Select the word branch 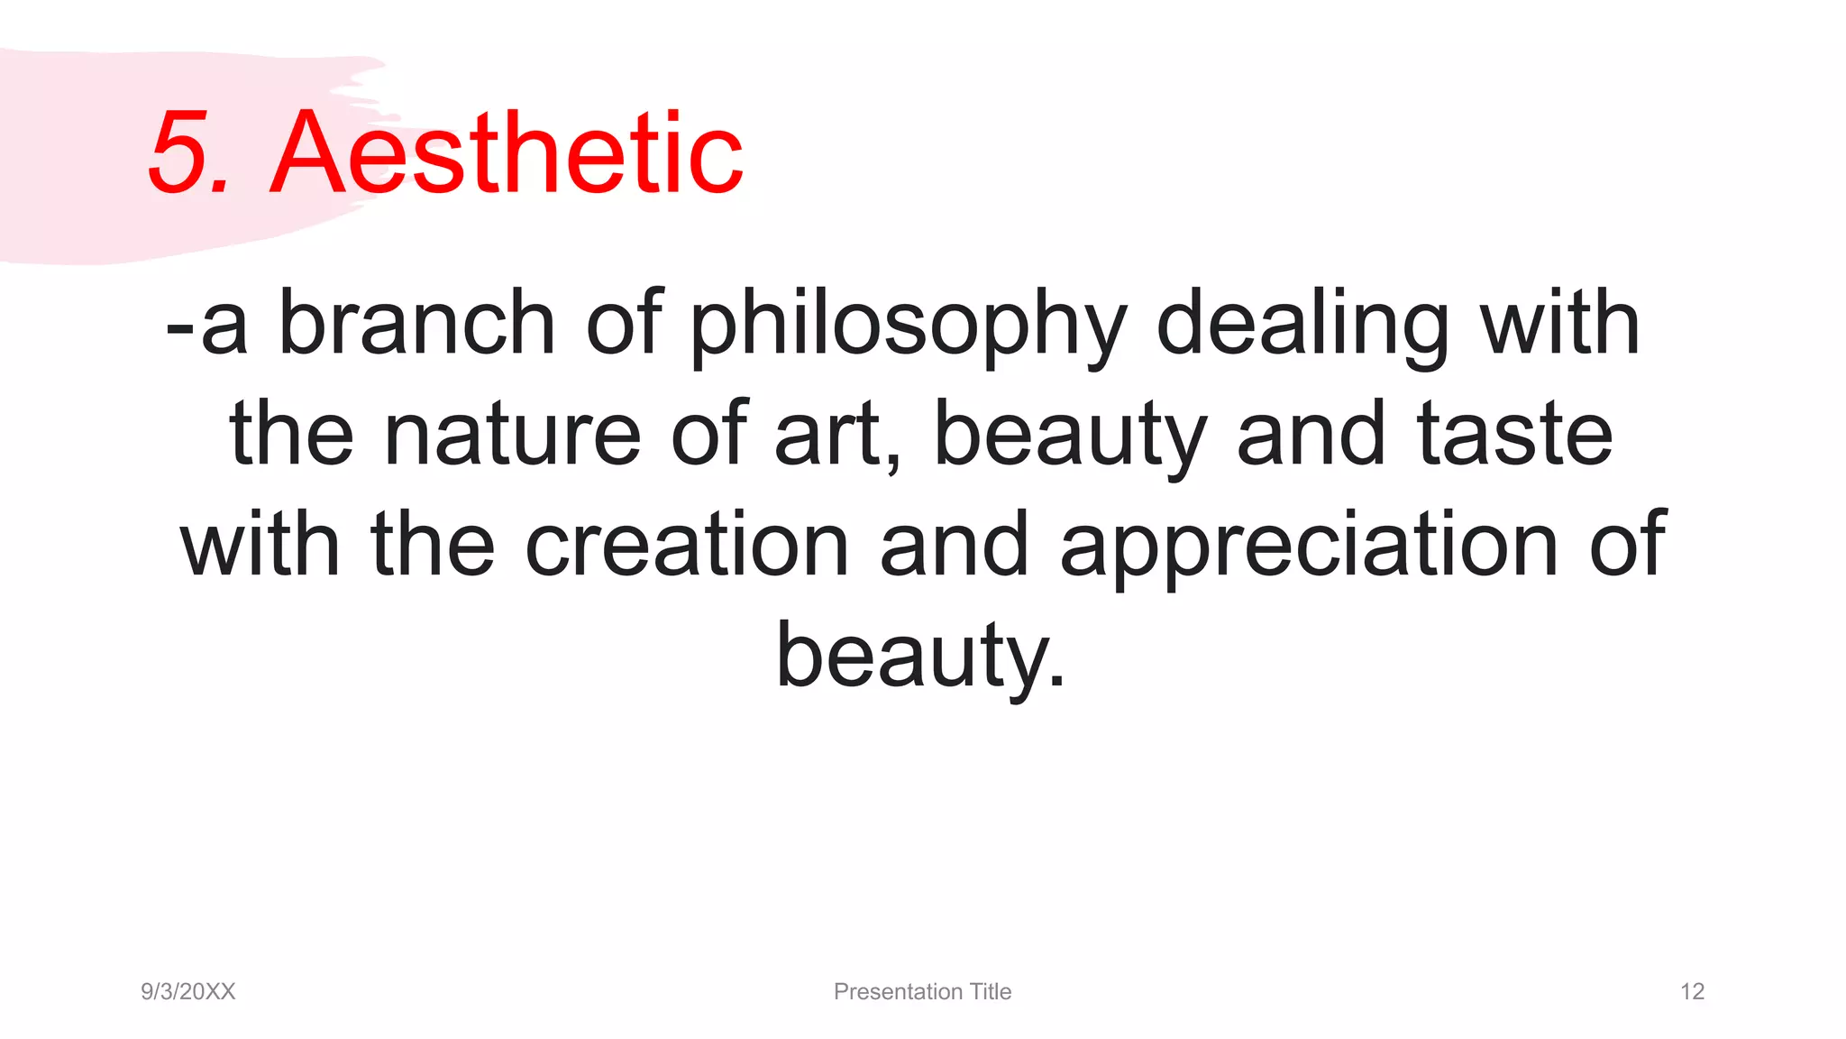(x=416, y=322)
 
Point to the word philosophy (x=909, y=325)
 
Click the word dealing (x=1302, y=325)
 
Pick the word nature (x=512, y=435)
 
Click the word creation (x=687, y=545)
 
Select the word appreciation (x=1309, y=547)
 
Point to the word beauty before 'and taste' (x=1070, y=437)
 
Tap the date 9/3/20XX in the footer (x=188, y=991)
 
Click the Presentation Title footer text (x=922, y=991)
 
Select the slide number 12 (x=1692, y=991)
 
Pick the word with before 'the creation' (x=260, y=545)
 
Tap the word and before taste (x=1311, y=435)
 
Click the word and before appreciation (x=954, y=545)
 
